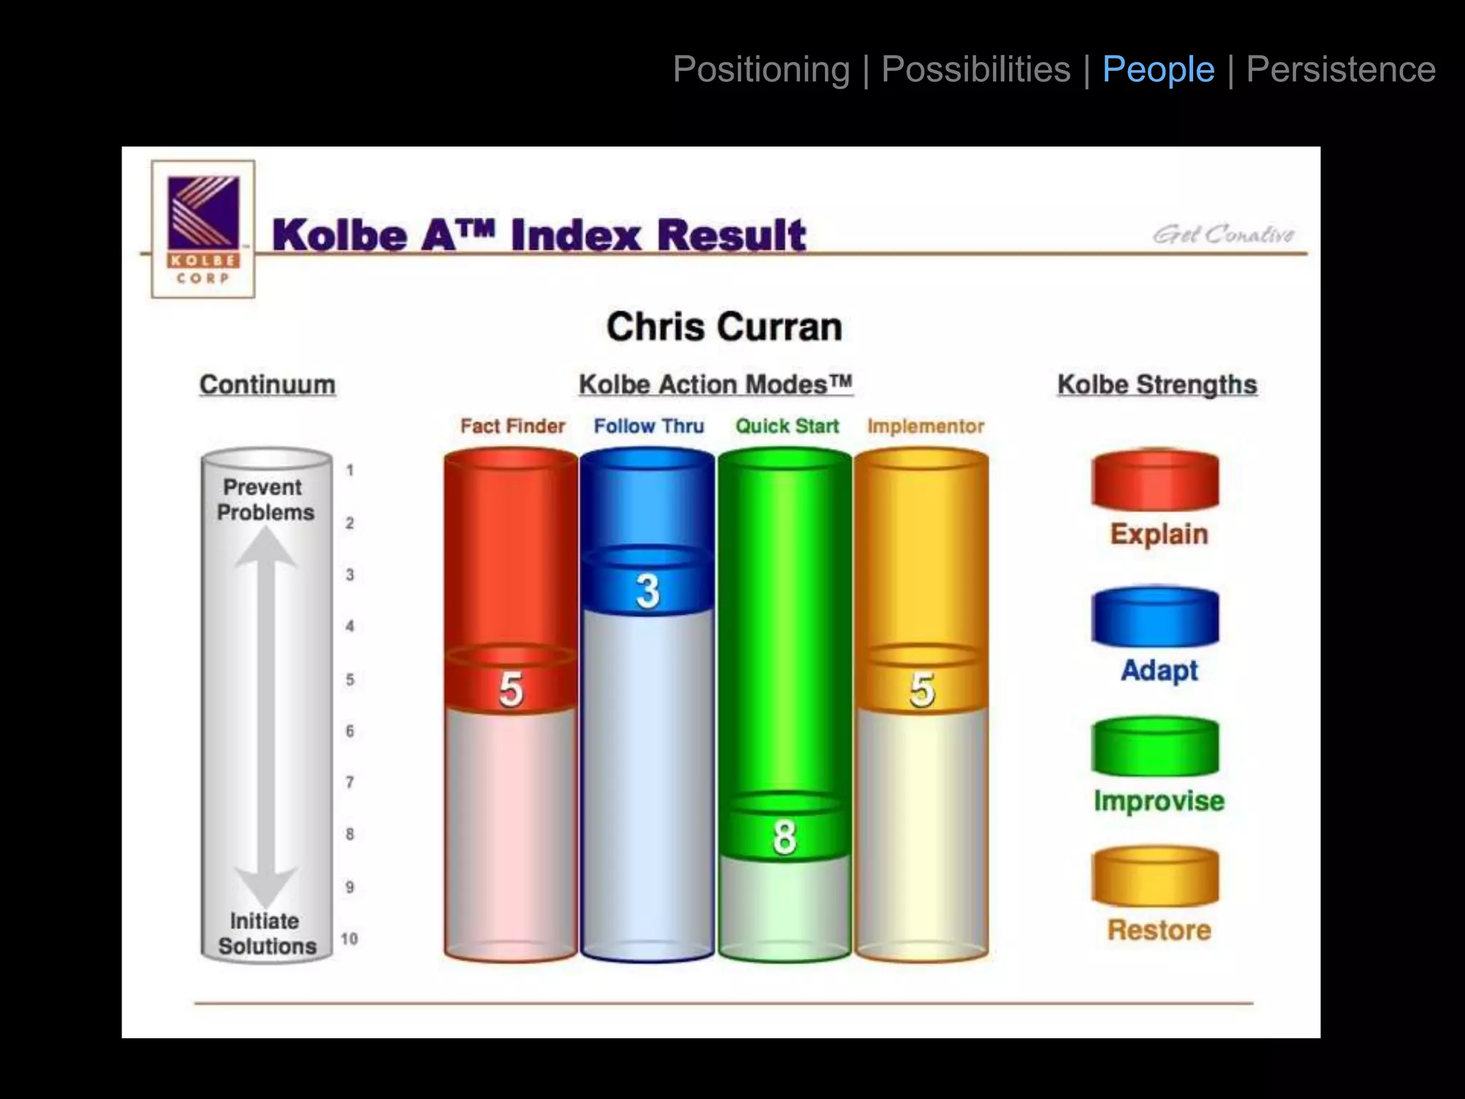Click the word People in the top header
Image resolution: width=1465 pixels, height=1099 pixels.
(x=1158, y=70)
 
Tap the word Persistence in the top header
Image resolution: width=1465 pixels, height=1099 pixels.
(x=1341, y=70)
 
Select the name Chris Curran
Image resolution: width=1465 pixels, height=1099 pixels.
(x=724, y=327)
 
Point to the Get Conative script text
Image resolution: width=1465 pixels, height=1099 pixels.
(x=1223, y=234)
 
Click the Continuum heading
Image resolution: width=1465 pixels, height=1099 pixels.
(x=268, y=384)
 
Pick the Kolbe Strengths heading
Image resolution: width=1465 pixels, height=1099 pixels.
(x=1157, y=384)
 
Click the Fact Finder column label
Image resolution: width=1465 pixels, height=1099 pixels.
(x=512, y=426)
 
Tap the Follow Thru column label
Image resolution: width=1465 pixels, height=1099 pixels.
(x=649, y=426)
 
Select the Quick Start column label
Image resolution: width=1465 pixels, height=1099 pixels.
(x=787, y=426)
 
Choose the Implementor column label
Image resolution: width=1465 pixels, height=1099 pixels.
(x=926, y=426)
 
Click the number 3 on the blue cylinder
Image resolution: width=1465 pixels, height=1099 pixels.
(x=648, y=591)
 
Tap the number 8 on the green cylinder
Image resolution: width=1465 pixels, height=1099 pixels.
(x=785, y=837)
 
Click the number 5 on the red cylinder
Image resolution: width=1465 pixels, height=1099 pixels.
(x=511, y=690)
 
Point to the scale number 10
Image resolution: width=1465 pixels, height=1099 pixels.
(x=349, y=939)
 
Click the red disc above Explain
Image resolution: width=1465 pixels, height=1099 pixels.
(x=1155, y=480)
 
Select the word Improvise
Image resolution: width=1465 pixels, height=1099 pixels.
(x=1159, y=801)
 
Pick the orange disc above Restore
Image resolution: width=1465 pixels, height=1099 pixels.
(x=1155, y=876)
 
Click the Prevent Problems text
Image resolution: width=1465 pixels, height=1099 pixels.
(x=265, y=499)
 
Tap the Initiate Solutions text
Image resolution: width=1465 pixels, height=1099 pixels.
(x=266, y=934)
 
